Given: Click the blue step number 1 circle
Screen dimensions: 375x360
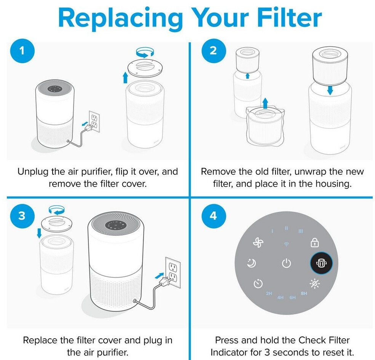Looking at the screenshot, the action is tap(22, 50).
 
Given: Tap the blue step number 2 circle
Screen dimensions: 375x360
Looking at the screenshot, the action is tap(213, 50).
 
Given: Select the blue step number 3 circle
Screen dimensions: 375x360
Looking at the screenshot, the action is tap(22, 215).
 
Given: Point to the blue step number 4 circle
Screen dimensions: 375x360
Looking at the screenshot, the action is tap(213, 215).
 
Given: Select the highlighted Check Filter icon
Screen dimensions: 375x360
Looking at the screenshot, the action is tap(321, 263).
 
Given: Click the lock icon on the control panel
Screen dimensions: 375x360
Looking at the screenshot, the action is tap(314, 242).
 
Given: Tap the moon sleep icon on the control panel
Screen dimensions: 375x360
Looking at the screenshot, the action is tap(252, 263).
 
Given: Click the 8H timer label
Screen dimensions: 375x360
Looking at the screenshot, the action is tap(304, 293).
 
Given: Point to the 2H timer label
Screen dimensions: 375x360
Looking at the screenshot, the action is tap(269, 294).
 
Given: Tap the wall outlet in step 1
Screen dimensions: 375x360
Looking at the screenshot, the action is tap(94, 122).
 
